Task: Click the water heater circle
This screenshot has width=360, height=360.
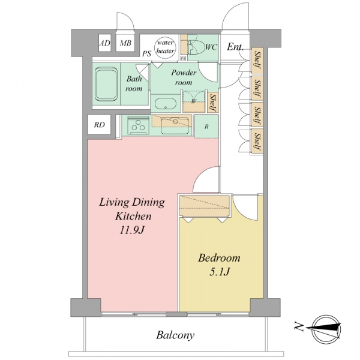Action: pyautogui.click(x=166, y=47)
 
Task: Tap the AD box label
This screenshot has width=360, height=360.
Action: pyautogui.click(x=104, y=43)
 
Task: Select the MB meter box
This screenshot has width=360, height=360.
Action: pyautogui.click(x=125, y=43)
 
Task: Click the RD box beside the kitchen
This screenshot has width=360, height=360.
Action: pyautogui.click(x=99, y=124)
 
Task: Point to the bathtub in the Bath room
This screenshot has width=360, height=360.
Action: pyautogui.click(x=106, y=84)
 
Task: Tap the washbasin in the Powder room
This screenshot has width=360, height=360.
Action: pyautogui.click(x=165, y=104)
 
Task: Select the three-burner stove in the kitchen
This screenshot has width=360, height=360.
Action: pyautogui.click(x=138, y=125)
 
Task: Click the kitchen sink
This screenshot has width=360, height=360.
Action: pyautogui.click(x=176, y=125)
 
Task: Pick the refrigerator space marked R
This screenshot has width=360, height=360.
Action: pyautogui.click(x=206, y=127)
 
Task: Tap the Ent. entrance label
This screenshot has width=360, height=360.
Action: pyautogui.click(x=235, y=47)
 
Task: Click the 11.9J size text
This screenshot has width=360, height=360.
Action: pyautogui.click(x=132, y=230)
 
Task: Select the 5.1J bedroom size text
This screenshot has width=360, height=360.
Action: pyautogui.click(x=220, y=272)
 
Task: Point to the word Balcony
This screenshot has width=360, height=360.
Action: pyautogui.click(x=175, y=335)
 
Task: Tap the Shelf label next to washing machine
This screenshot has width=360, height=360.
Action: pyautogui.click(x=213, y=102)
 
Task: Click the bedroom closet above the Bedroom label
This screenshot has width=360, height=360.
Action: pyautogui.click(x=205, y=206)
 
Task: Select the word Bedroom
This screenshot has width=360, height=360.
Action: pyautogui.click(x=219, y=258)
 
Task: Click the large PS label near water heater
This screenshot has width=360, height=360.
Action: pyautogui.click(x=146, y=53)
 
